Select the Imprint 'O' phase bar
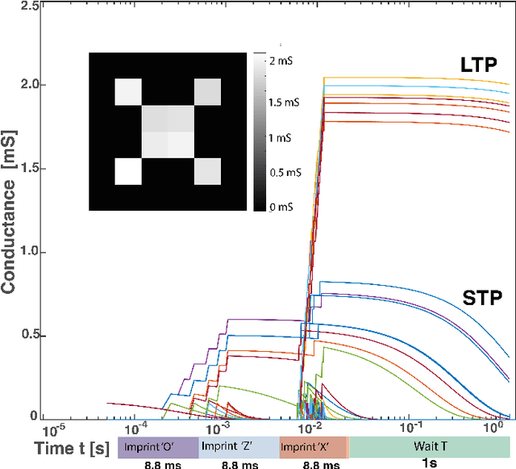[157, 446]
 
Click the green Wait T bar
[430, 446]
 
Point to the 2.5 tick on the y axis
[29, 6]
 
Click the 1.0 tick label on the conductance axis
[29, 252]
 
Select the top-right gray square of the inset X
[207, 92]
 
